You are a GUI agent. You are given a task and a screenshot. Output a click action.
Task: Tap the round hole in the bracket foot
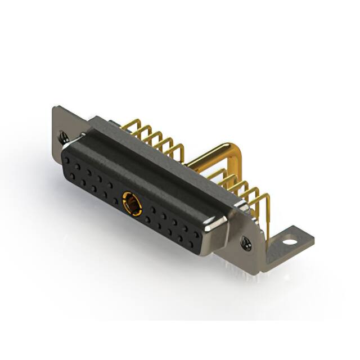click(x=289, y=242)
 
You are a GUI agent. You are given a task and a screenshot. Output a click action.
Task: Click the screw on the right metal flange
click(x=246, y=242)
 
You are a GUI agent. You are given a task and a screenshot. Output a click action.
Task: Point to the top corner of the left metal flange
click(x=54, y=108)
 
